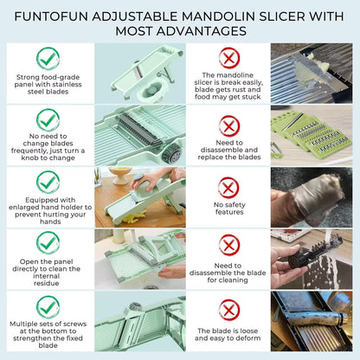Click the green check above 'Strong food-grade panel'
click(48, 58)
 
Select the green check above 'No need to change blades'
click(48, 120)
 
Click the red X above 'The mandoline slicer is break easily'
click(228, 58)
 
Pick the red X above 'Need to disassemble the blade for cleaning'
click(228, 245)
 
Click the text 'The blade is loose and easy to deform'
click(228, 337)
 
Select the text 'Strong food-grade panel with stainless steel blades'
click(48, 87)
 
